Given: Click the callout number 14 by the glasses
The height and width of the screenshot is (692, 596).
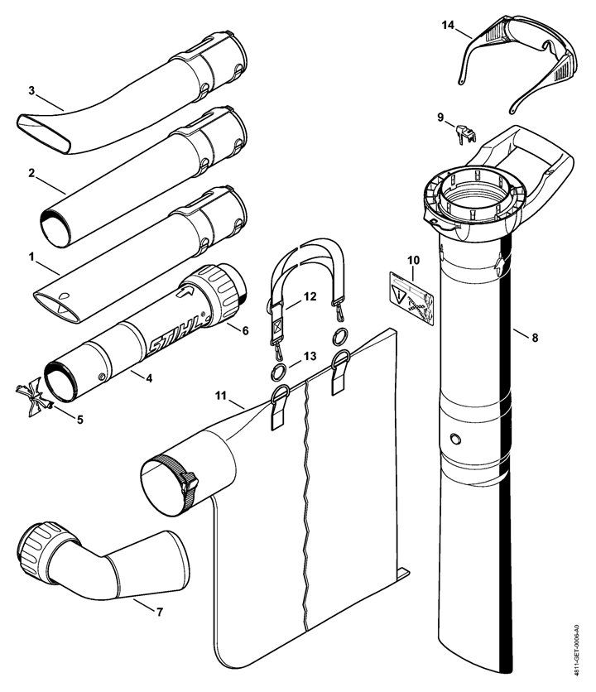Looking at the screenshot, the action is (448, 25).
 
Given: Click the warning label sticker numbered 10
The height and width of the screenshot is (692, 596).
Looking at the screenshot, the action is (411, 297).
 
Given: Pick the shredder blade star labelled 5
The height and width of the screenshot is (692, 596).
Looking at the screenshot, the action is (35, 396).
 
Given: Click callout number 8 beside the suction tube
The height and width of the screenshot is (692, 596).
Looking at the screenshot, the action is (535, 338).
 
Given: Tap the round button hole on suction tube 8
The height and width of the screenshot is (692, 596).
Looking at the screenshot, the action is (455, 439).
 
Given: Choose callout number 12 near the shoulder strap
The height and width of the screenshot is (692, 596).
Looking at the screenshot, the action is (310, 296).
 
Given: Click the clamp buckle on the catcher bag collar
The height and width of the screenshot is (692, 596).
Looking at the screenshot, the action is (189, 483).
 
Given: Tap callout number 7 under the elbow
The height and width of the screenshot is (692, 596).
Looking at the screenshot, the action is (160, 612).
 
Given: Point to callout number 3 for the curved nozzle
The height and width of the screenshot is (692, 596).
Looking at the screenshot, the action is (31, 90).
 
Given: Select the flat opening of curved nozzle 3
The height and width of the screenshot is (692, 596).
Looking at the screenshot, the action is (43, 133).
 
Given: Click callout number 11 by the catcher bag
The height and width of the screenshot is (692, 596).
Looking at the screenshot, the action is (221, 395).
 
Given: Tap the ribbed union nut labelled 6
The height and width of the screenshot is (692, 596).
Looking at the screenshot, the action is (214, 294).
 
